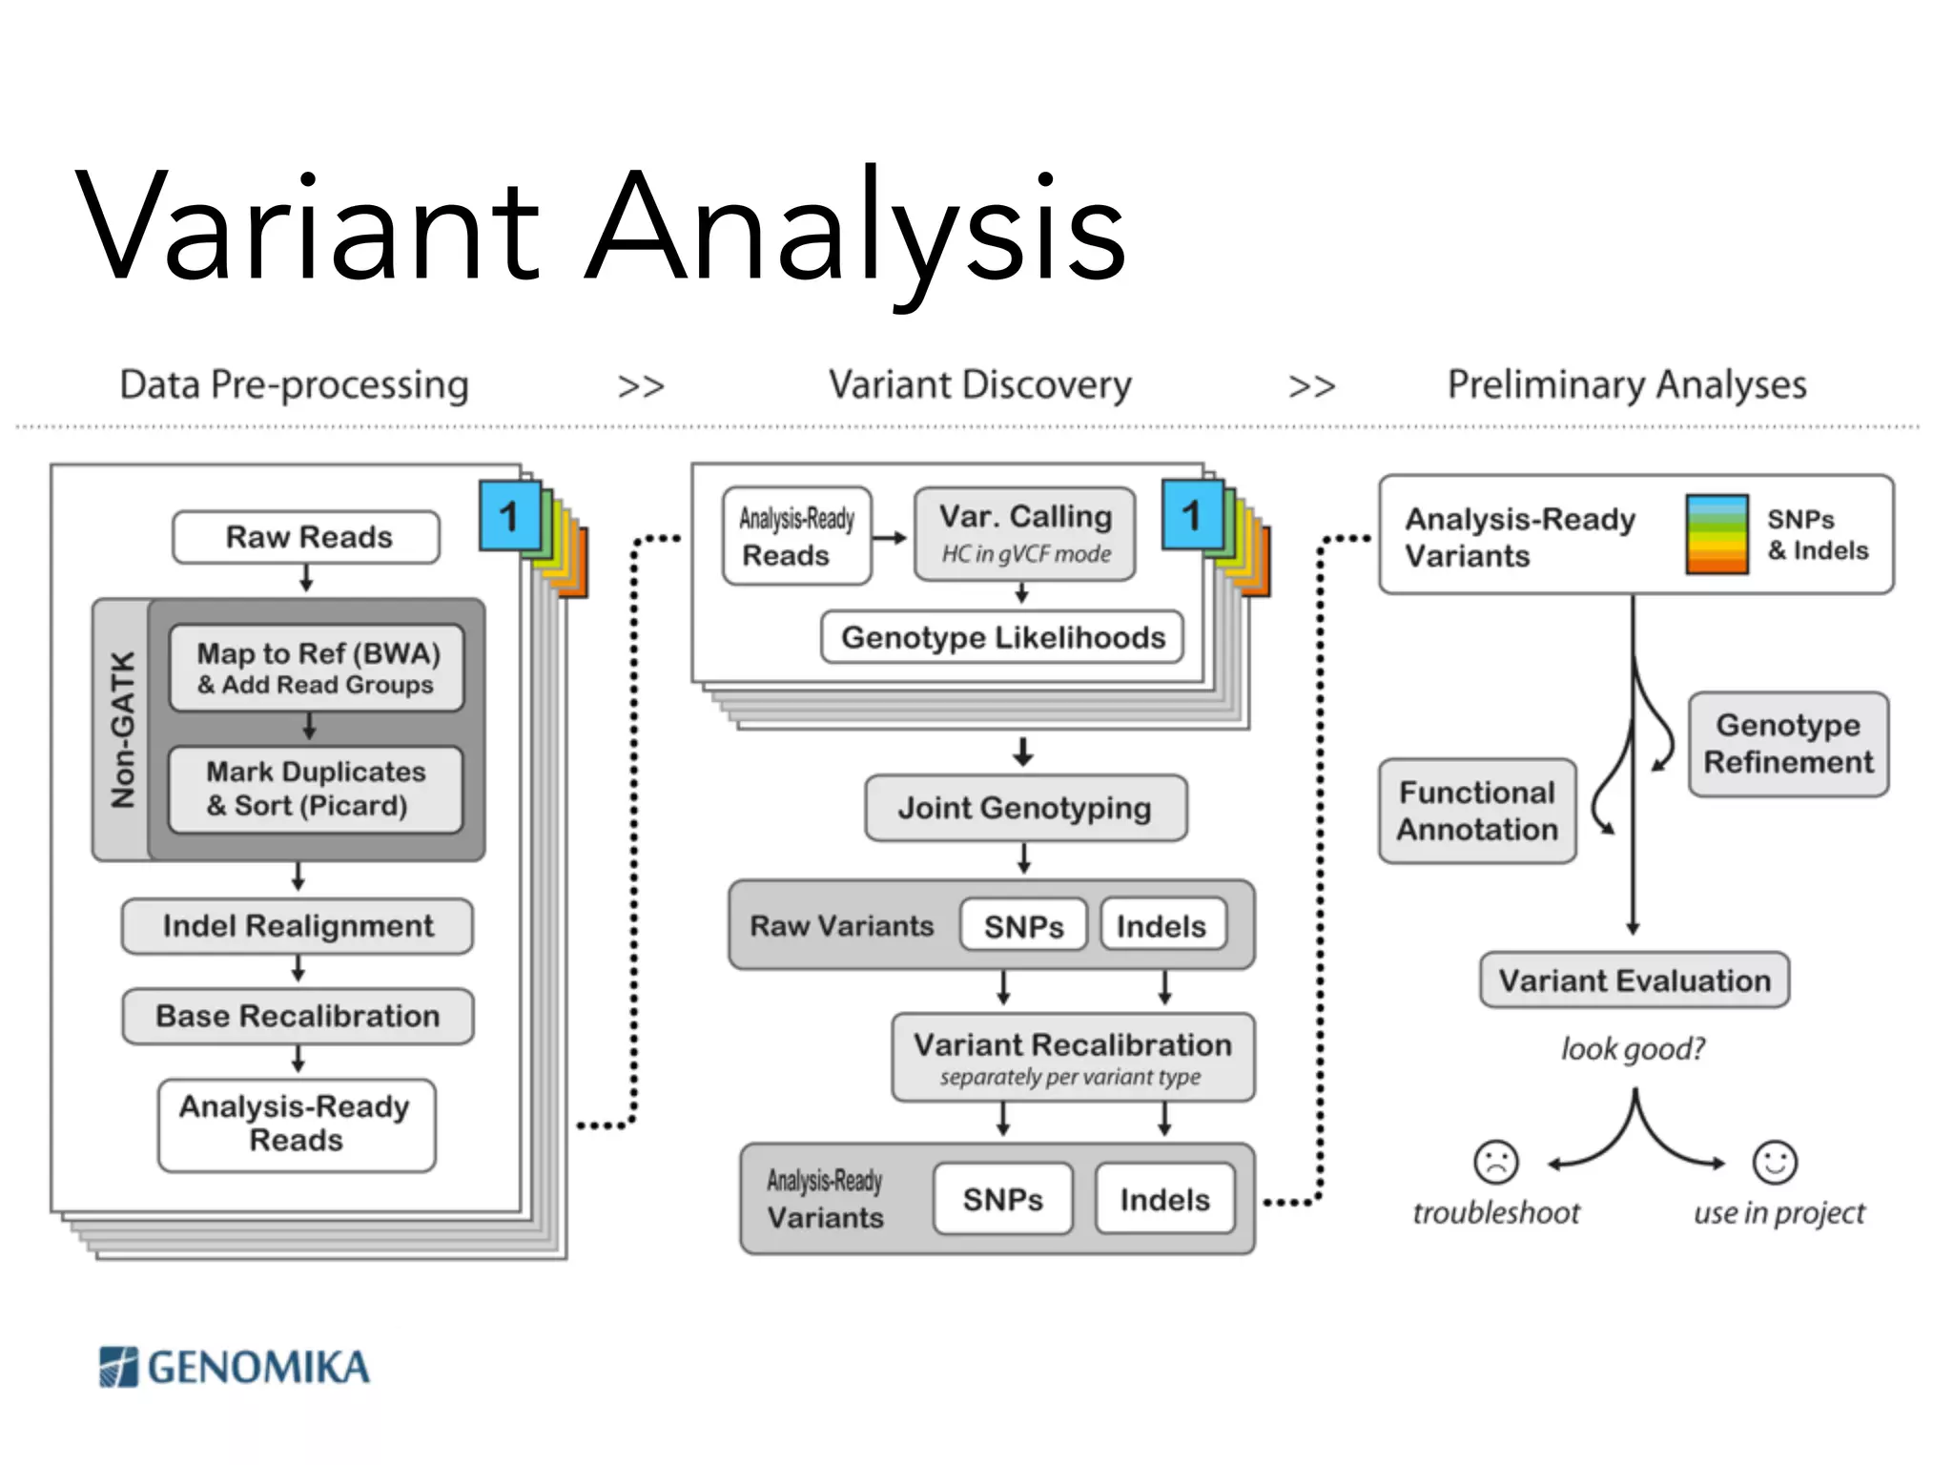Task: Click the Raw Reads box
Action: (306, 537)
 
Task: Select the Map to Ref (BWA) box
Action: (317, 668)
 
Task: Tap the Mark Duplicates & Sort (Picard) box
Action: (316, 789)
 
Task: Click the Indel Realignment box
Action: (298, 926)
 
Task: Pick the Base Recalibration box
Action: (298, 1016)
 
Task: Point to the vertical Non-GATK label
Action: (122, 730)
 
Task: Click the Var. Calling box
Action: (1025, 533)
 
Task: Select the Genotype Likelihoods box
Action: (1002, 637)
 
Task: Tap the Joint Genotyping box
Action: (1025, 808)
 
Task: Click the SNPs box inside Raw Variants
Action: (1023, 925)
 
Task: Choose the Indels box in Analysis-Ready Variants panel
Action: (1164, 1199)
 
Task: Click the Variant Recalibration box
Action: (1073, 1057)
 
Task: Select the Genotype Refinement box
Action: (1788, 744)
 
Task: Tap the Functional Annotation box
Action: (1477, 811)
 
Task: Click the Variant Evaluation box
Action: (1634, 980)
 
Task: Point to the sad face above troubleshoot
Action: (1495, 1162)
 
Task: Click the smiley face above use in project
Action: (1775, 1162)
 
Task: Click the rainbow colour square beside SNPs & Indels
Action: (1717, 534)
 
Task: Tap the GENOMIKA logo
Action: (235, 1367)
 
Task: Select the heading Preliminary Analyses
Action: (1627, 385)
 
